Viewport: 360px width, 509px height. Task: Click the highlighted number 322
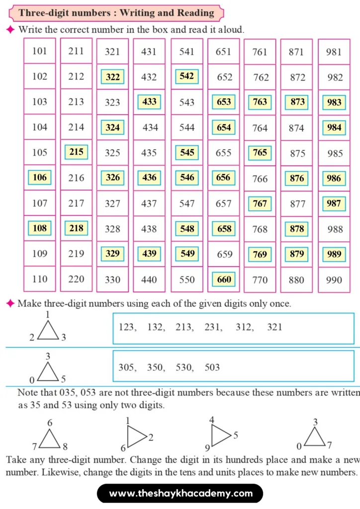click(113, 77)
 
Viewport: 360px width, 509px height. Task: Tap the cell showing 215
click(76, 152)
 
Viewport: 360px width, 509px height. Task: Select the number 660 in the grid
click(224, 279)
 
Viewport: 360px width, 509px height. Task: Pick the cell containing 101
click(40, 51)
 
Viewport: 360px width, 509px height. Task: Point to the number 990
click(334, 280)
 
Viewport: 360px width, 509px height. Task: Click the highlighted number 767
click(260, 203)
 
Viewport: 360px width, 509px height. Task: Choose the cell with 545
click(187, 152)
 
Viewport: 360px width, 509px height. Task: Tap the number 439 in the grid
click(149, 254)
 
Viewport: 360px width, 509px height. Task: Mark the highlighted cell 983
click(334, 102)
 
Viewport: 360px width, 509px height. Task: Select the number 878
click(297, 229)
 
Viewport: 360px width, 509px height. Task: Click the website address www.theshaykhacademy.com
click(180, 494)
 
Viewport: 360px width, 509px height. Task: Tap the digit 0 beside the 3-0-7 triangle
click(299, 446)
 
